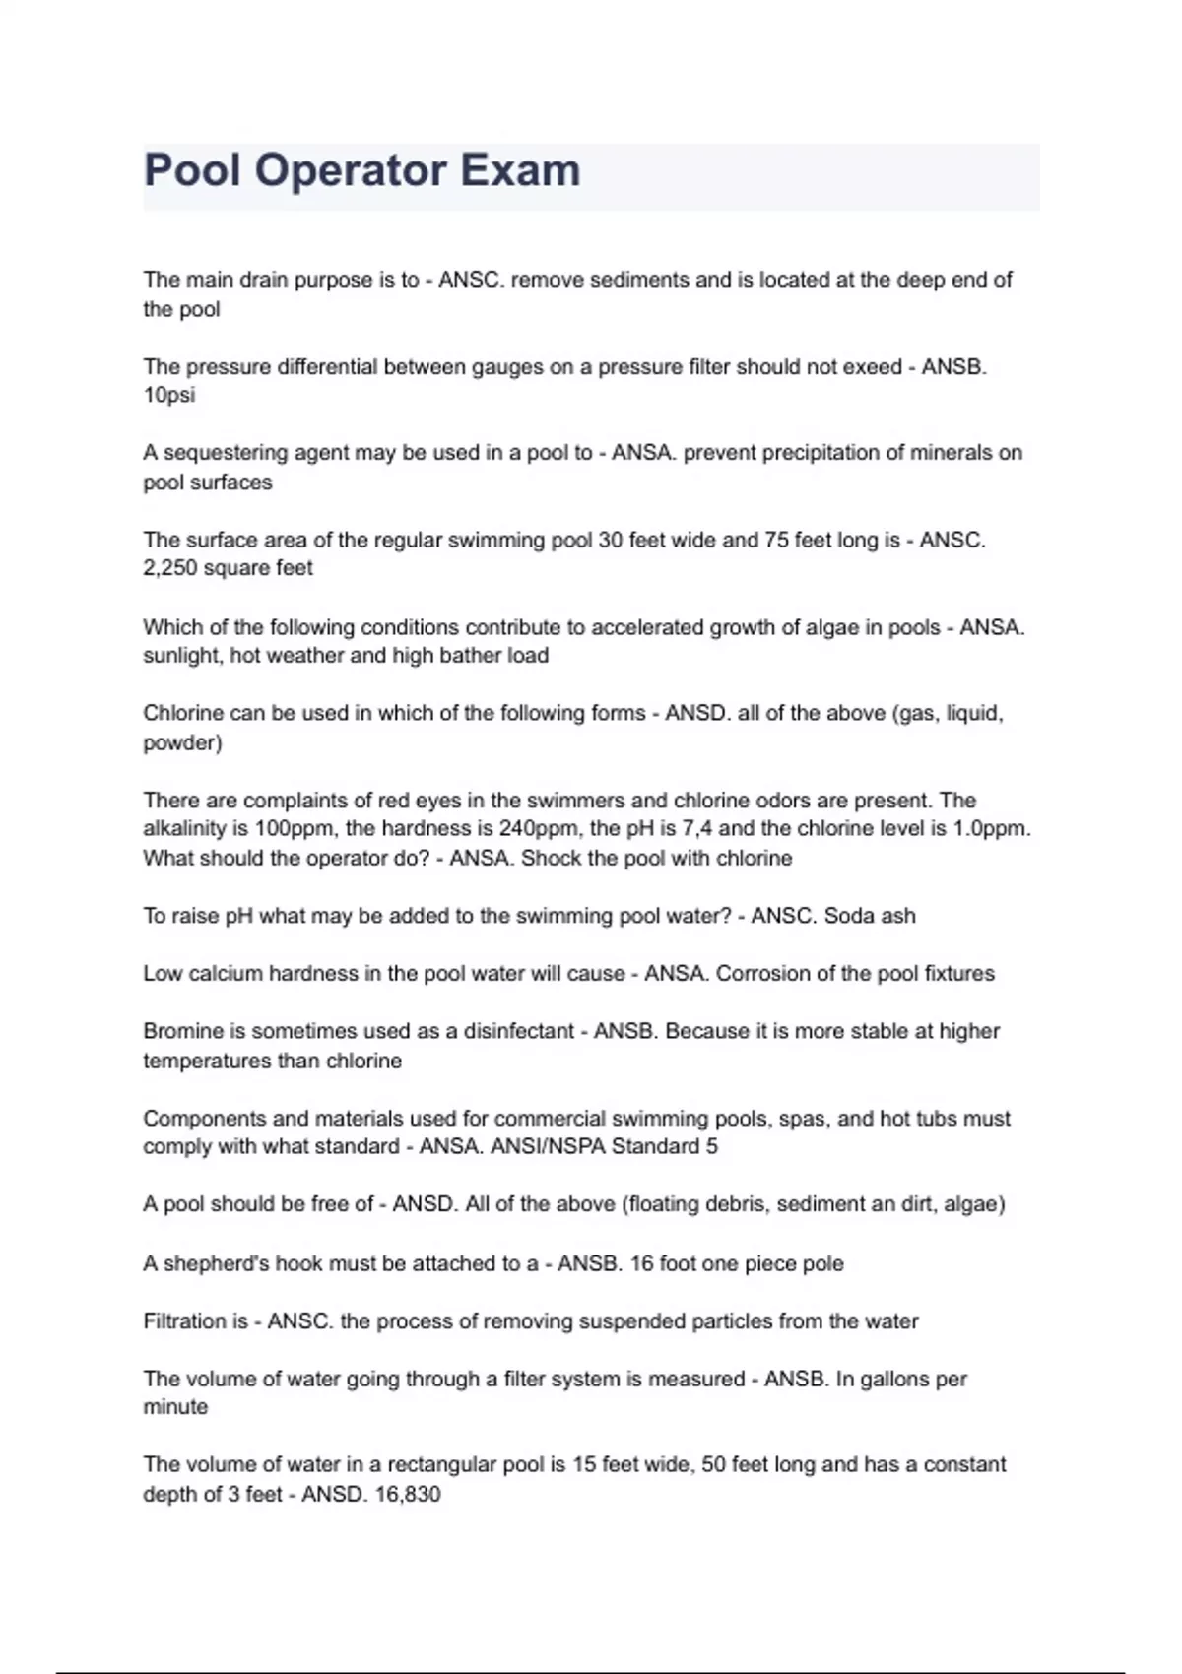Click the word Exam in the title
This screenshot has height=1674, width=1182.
tap(520, 170)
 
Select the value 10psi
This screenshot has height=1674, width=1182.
tap(169, 396)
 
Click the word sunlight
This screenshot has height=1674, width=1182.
tap(183, 656)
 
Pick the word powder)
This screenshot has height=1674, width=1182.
tap(183, 743)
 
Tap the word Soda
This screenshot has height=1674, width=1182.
tap(849, 916)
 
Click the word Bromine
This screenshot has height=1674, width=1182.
tap(183, 1031)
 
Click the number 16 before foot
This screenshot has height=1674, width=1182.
tap(641, 1263)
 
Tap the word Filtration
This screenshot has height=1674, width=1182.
tap(184, 1321)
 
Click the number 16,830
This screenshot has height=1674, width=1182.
tap(407, 1495)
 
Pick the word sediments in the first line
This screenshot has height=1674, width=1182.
tap(613, 280)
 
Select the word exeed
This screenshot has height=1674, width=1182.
tap(870, 367)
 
